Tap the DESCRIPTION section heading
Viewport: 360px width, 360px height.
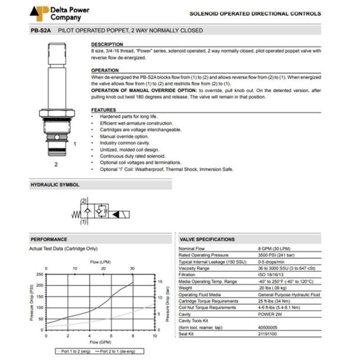pyautogui.click(x=107, y=45)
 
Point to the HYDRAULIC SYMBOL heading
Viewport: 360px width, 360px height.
pyautogui.click(x=55, y=184)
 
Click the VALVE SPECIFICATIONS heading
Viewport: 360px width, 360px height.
pyautogui.click(x=207, y=239)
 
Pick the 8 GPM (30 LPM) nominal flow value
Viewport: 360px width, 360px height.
pyautogui.click(x=273, y=249)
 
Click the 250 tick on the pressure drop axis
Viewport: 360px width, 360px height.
pyautogui.click(x=40, y=274)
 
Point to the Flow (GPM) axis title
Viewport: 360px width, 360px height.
pyautogui.click(x=101, y=342)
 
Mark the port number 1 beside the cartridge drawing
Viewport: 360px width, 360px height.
pyautogui.click(x=75, y=144)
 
